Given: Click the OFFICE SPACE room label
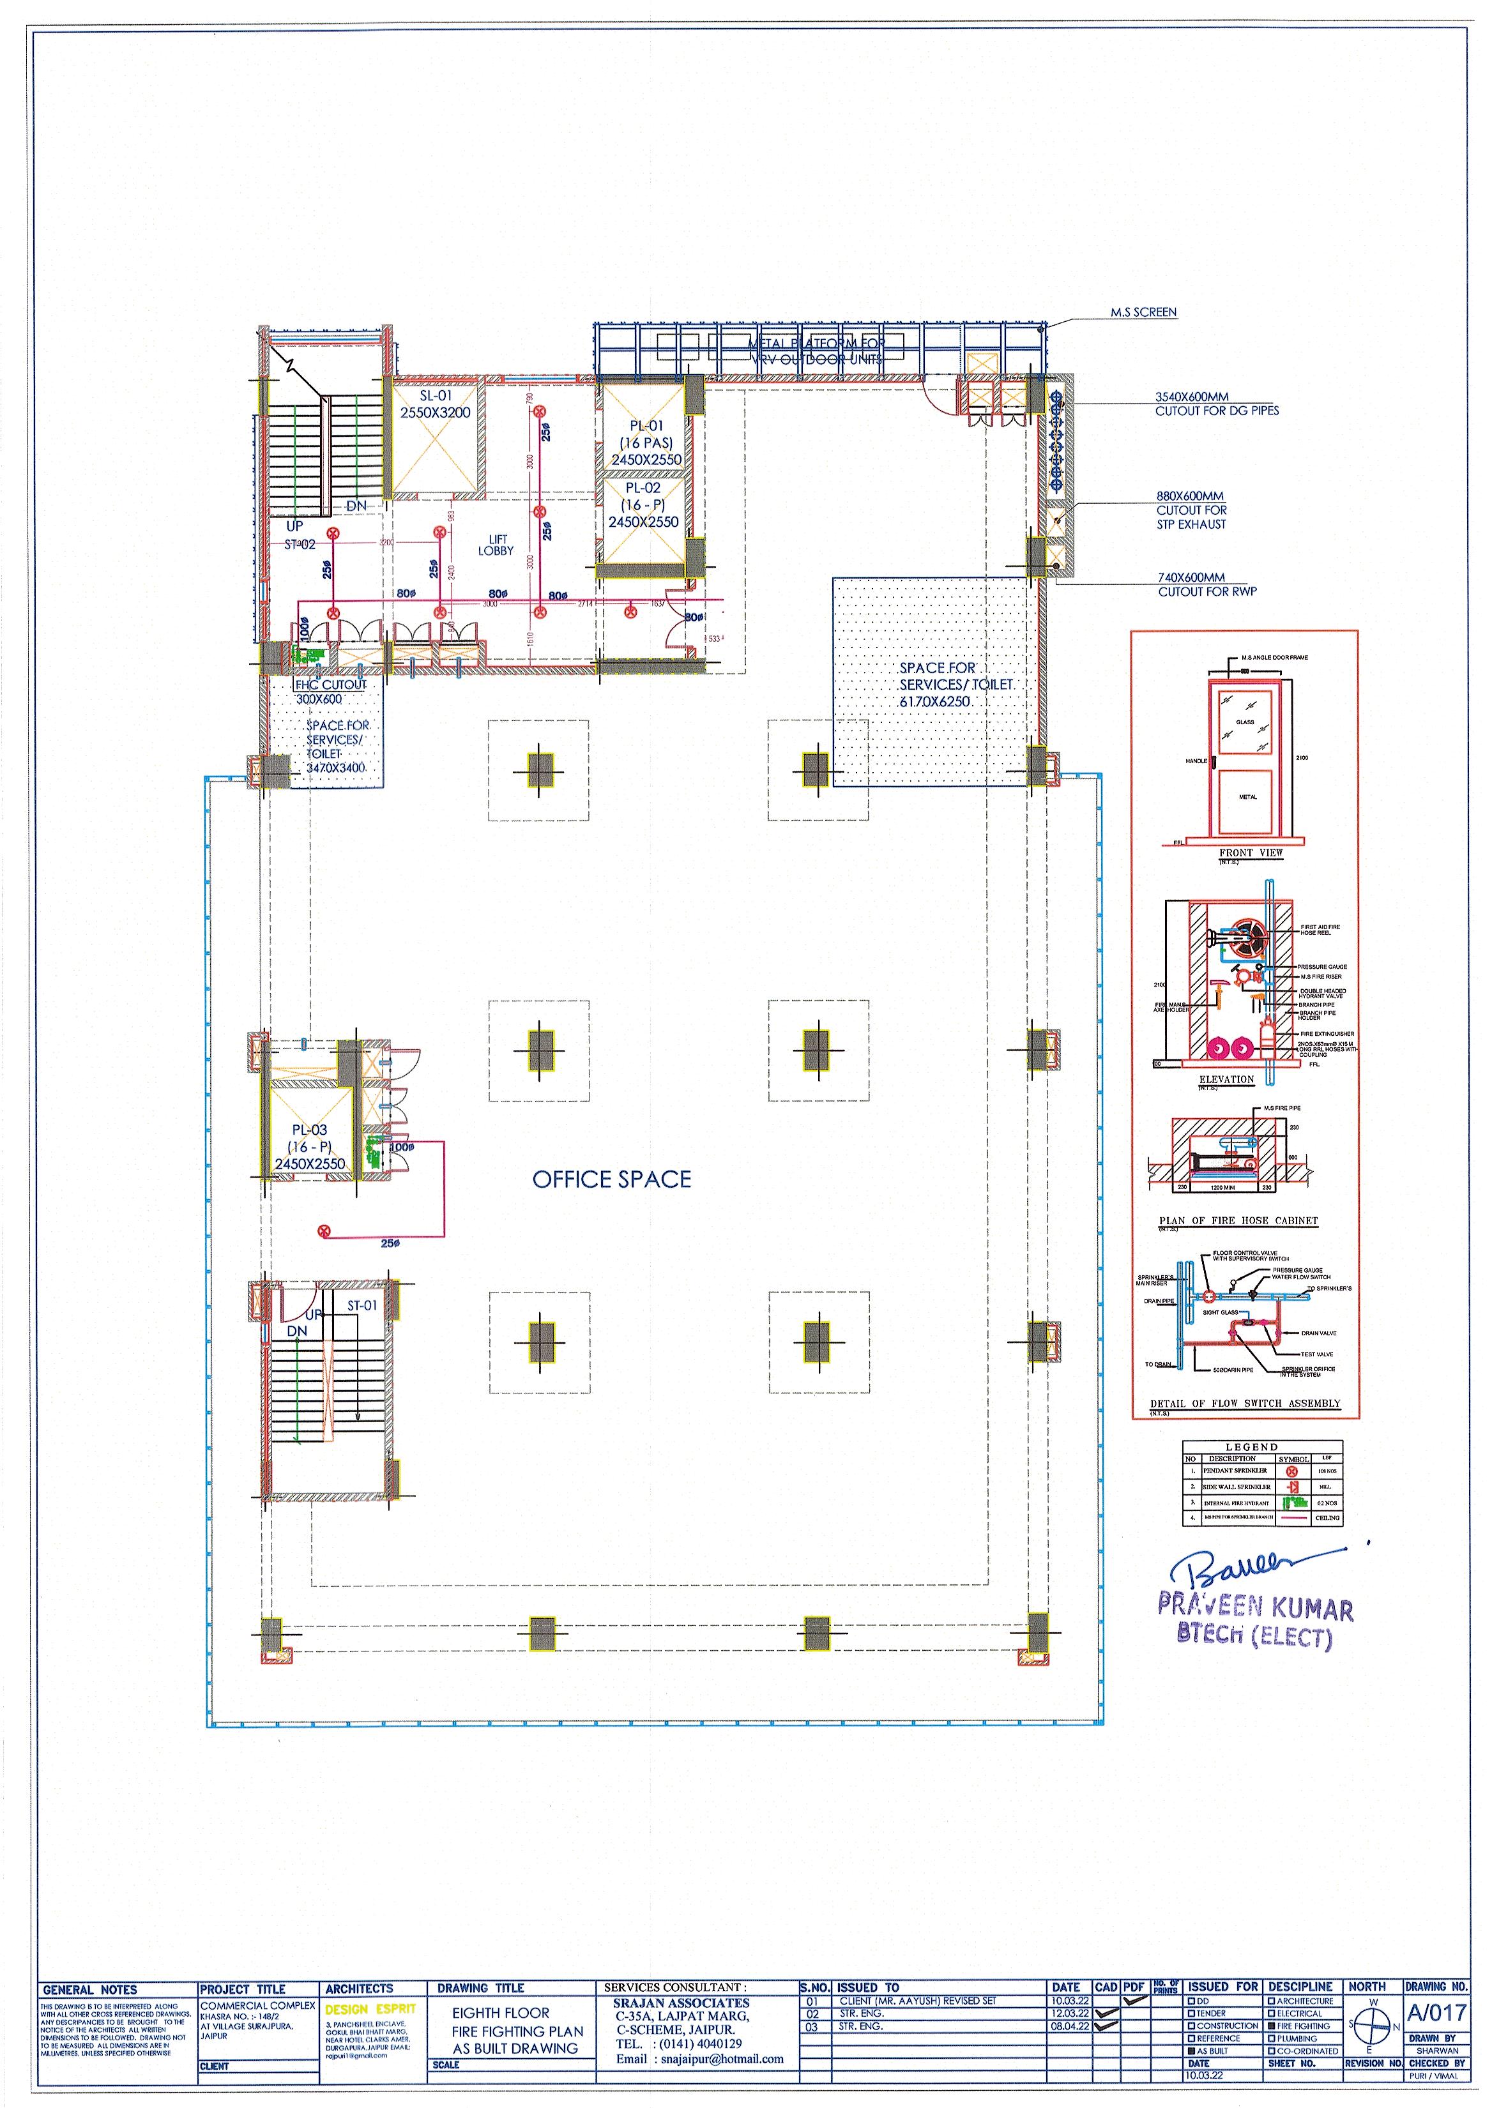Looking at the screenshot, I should [611, 1179].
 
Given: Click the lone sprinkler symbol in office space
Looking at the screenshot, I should [323, 1231].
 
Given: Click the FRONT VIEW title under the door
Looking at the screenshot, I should [1251, 853].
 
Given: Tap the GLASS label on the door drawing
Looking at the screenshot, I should [1245, 722].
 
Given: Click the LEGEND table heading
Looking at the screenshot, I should [1251, 1446].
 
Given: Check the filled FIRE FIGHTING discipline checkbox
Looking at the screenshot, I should [1272, 2051].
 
